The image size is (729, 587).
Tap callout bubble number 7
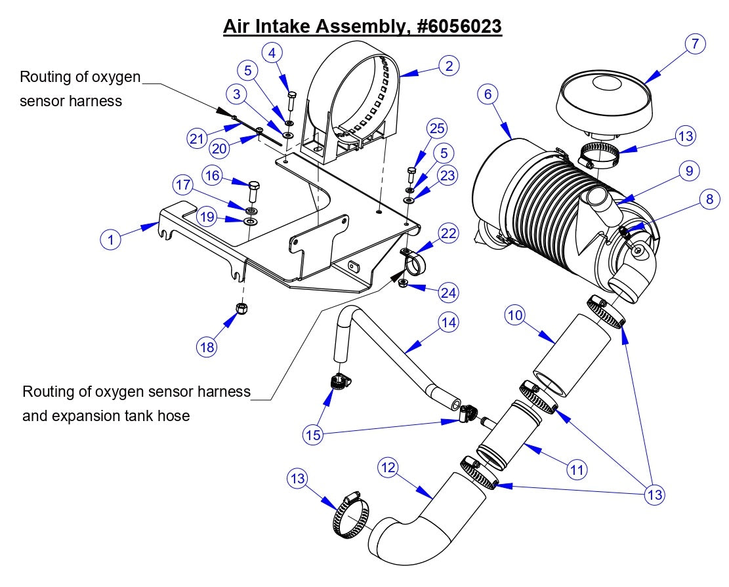click(694, 44)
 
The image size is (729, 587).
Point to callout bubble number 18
click(207, 347)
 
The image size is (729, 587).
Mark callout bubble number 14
click(449, 322)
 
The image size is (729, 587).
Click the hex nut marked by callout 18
click(240, 308)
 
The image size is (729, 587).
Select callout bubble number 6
click(487, 94)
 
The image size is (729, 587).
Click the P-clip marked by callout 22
click(412, 262)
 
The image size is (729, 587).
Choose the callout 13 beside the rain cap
click(687, 136)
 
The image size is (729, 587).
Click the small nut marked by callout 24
click(404, 284)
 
